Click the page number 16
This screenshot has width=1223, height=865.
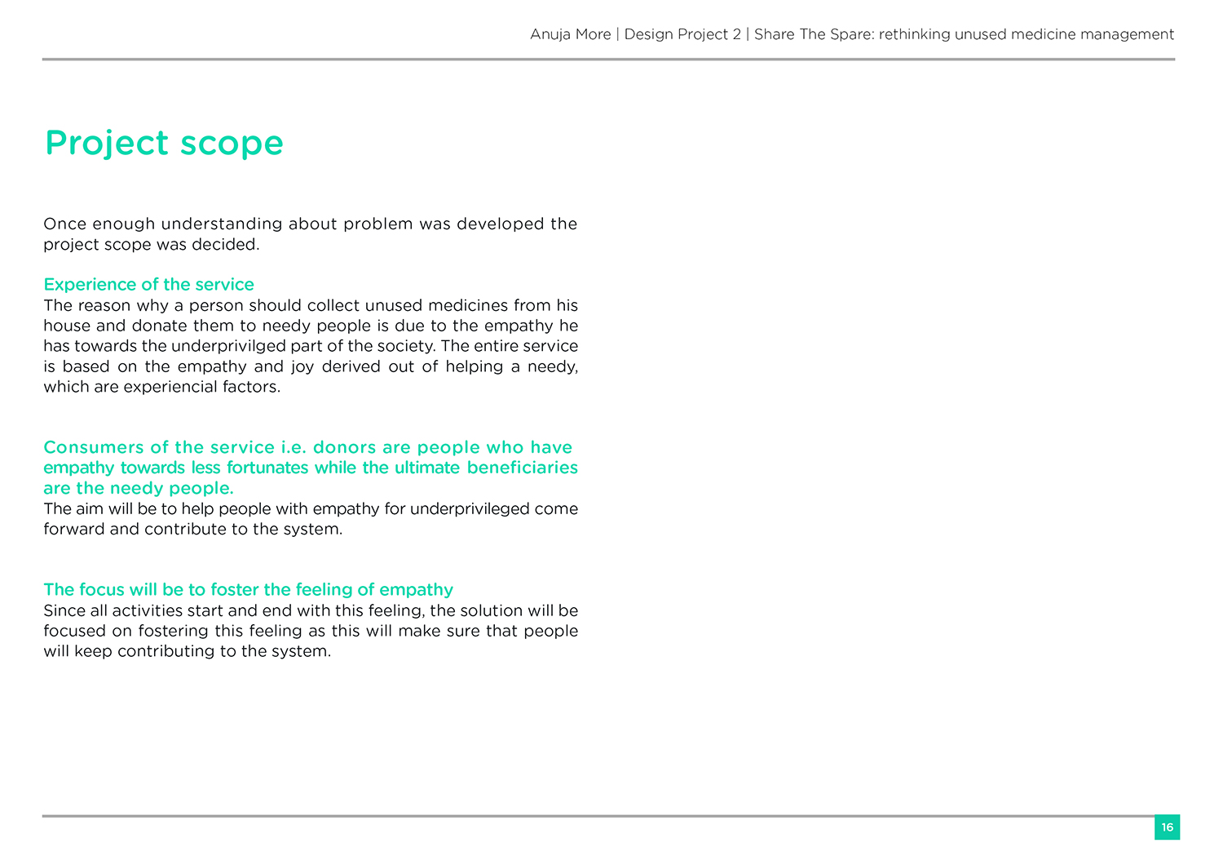(1167, 827)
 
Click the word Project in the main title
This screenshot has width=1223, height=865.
(107, 144)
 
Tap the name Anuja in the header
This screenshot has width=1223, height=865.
(550, 34)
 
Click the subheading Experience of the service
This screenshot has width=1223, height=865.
(148, 285)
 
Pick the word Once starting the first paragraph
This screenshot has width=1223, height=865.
(64, 224)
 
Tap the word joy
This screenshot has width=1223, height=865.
(302, 366)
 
